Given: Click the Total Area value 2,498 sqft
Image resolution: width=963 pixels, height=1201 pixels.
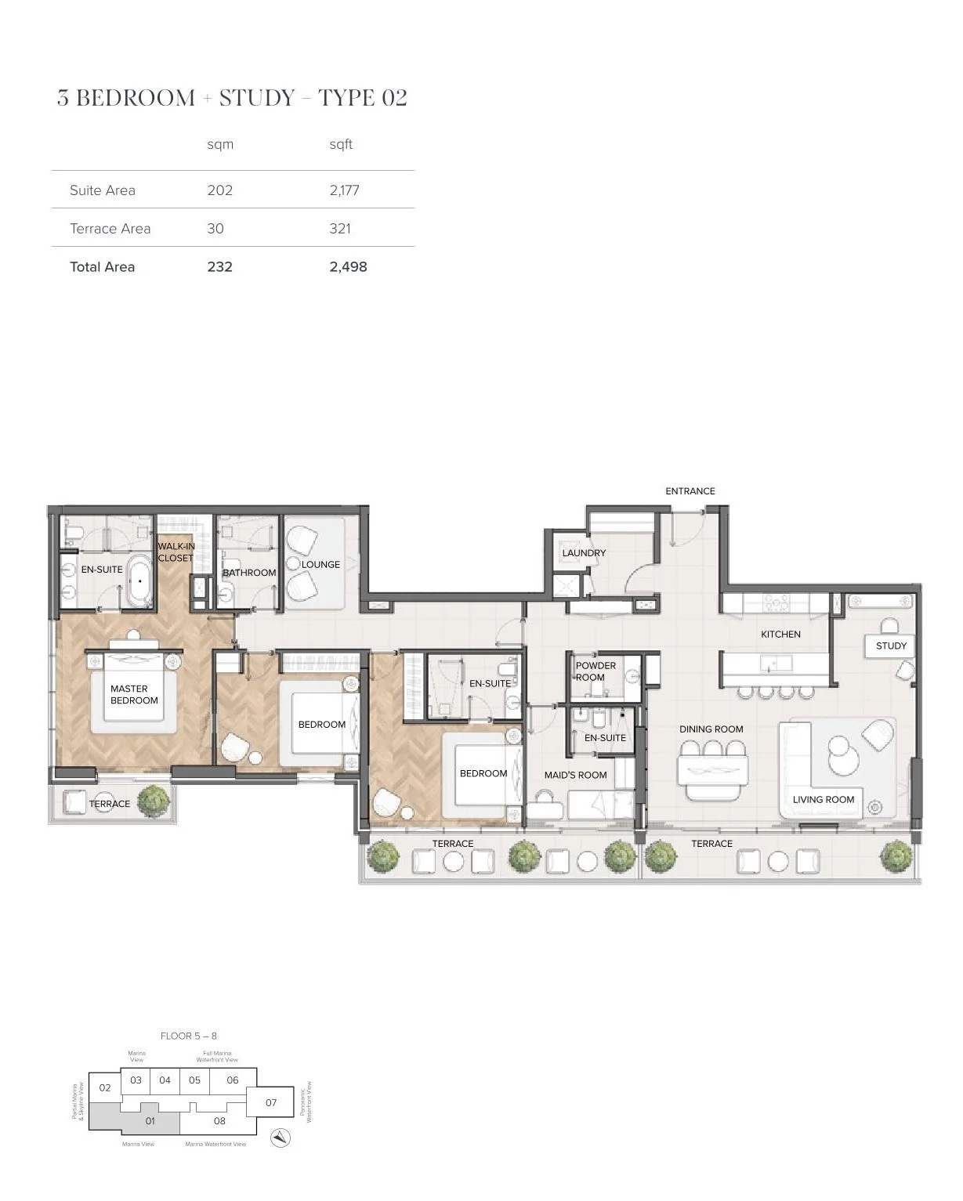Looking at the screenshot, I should [348, 267].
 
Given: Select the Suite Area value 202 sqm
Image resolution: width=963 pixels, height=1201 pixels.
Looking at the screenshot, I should [219, 190].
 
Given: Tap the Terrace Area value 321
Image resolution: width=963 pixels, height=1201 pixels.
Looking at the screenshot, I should [340, 229].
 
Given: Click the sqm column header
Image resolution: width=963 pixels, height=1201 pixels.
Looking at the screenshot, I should [220, 144].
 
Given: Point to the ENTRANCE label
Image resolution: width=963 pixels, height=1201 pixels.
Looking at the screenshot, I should [690, 491].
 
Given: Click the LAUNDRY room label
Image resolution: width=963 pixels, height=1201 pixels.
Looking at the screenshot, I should [584, 553].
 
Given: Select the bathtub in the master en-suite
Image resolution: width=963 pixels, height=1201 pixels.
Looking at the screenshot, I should [140, 581].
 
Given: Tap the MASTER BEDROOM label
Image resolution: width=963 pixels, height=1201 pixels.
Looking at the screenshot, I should [134, 695].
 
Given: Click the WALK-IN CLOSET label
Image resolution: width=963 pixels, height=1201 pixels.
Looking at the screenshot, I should [176, 552].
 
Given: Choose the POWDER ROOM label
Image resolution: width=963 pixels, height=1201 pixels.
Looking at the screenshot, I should [596, 671].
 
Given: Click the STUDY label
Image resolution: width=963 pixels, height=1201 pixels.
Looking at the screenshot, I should [891, 646].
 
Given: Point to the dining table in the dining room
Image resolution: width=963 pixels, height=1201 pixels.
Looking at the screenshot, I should [712, 771].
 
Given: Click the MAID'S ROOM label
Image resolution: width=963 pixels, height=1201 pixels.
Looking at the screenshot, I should [575, 775].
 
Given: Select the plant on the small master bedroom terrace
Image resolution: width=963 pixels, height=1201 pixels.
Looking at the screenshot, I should [154, 801].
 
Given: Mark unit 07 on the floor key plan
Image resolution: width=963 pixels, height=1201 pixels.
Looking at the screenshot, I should [271, 1102].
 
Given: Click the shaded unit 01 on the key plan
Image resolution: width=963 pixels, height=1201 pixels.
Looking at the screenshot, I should [150, 1120].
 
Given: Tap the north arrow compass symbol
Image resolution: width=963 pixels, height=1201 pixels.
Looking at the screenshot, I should [281, 1138].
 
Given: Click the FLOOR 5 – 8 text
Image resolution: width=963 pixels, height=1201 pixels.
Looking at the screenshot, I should [188, 1036].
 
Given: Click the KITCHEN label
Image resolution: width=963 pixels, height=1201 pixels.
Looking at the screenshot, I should [780, 635].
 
